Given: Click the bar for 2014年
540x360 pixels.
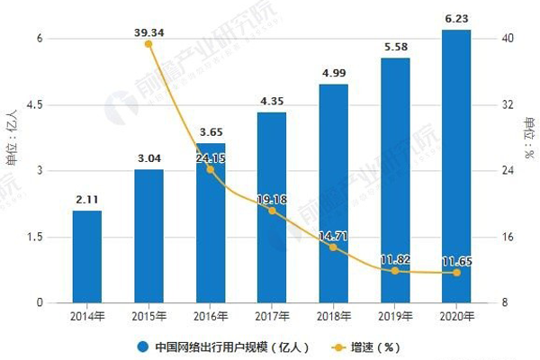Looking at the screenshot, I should point(87,256).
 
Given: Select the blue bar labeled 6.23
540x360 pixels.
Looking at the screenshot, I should point(456,166).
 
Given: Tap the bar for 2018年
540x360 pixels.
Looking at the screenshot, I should point(333,193).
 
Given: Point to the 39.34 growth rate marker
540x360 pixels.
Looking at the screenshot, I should point(148,43).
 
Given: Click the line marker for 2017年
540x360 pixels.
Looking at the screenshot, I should point(272,211).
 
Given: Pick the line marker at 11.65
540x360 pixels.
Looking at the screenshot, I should point(456,273).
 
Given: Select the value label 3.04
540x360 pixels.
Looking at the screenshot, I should point(148,158).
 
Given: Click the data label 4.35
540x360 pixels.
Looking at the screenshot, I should point(272,101).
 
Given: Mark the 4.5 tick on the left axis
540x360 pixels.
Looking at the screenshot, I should point(35,105).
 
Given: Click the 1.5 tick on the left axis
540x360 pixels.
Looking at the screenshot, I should point(35,238).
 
